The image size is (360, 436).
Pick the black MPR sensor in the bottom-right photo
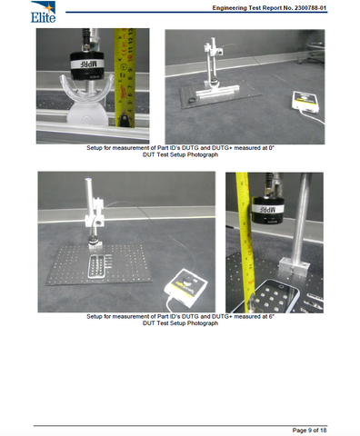(x=273, y=211)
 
